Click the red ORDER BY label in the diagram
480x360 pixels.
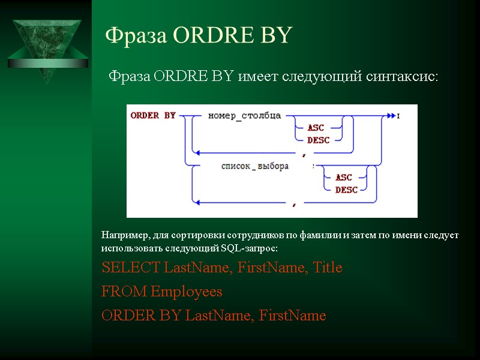point(152,115)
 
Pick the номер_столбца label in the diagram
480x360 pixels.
point(244,115)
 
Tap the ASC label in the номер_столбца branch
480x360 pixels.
point(316,128)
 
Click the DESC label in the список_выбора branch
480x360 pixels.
point(346,190)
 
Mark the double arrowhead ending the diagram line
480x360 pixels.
point(391,115)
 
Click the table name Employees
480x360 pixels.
point(187,292)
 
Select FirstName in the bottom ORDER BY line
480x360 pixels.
point(293,316)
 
